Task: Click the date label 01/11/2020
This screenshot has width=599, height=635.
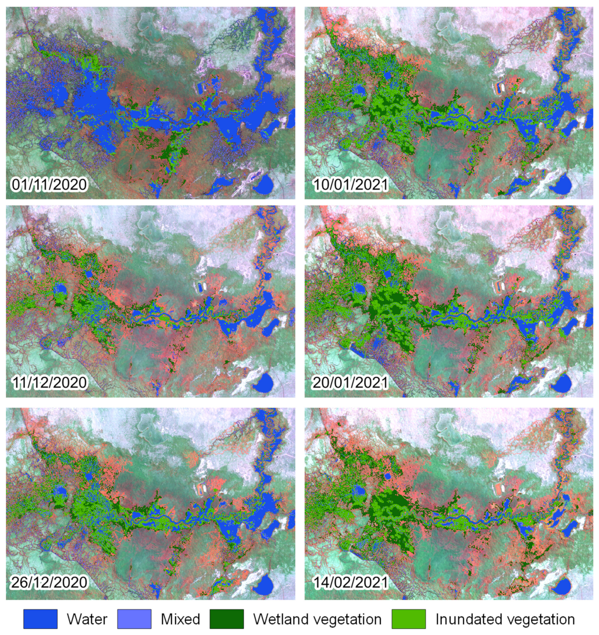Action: pos(49,184)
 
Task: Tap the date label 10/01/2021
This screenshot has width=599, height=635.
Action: pos(350,184)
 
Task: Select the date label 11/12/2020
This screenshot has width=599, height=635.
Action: pos(49,382)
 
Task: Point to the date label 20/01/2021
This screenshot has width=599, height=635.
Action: pos(350,382)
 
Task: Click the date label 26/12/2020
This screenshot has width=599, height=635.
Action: pos(49,582)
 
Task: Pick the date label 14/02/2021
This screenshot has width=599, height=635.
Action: pos(350,582)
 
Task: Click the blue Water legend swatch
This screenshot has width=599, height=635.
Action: pos(40,619)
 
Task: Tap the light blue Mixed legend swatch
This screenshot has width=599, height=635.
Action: pos(134,619)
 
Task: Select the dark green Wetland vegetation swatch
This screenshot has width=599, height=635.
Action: pos(227,619)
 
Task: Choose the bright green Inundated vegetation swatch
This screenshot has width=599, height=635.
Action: pos(409,619)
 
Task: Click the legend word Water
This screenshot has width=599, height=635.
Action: pos(87,619)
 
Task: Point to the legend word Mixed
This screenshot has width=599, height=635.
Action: pos(180,619)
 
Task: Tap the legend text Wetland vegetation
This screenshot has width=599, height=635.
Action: pos(317,619)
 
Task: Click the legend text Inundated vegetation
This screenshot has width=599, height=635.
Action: pos(505,619)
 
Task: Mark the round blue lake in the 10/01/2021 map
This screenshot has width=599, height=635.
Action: pos(563,184)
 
